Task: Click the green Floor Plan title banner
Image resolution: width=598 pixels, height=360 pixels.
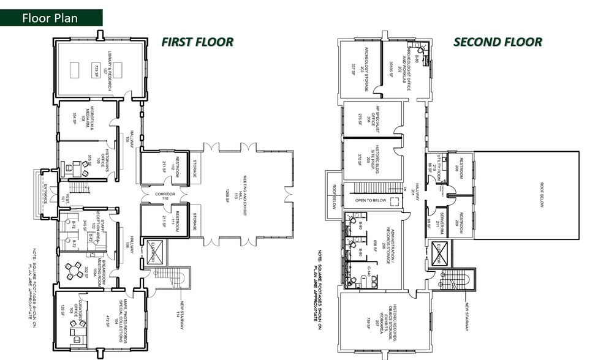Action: click(50, 18)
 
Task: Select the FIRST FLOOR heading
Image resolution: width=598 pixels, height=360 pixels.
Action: click(197, 42)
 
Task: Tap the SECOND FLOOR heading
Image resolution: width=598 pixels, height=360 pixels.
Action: click(497, 42)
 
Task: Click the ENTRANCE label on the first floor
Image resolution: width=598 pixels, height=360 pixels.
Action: click(46, 195)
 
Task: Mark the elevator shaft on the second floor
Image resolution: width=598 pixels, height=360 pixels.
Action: click(440, 253)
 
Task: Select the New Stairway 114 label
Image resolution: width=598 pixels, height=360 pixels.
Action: click(181, 316)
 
